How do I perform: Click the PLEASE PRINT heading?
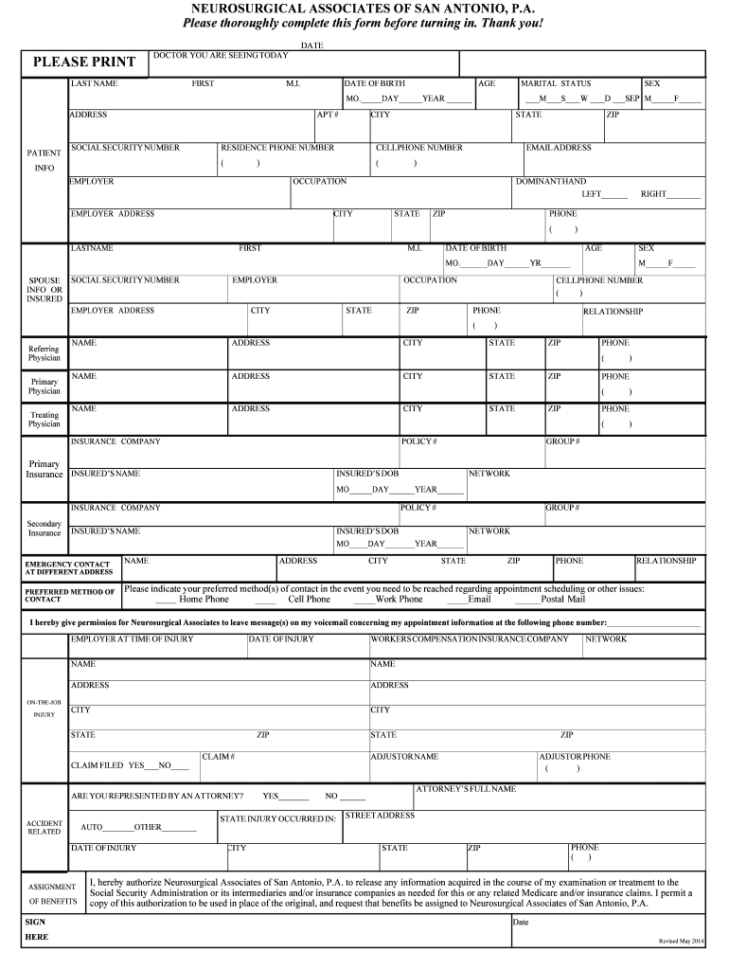(84, 63)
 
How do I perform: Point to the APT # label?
(328, 115)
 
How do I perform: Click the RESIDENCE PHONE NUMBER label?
(277, 148)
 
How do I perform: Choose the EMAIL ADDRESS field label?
(559, 148)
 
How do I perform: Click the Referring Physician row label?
(44, 353)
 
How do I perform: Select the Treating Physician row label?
(44, 420)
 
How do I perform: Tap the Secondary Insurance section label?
(44, 529)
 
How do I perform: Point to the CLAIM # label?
(219, 757)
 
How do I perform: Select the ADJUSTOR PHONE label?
(575, 757)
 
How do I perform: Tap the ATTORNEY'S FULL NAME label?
(466, 789)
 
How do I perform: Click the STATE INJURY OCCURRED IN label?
(277, 818)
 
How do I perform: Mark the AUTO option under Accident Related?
(92, 827)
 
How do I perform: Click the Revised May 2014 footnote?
(681, 941)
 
